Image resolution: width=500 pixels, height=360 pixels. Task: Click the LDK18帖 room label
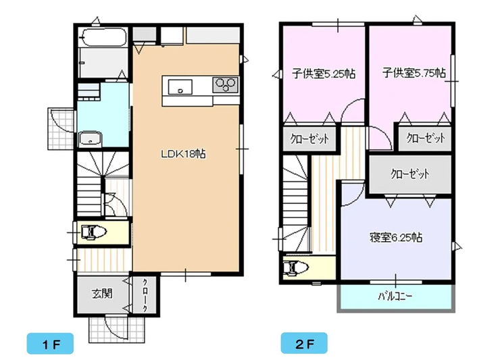click(x=183, y=154)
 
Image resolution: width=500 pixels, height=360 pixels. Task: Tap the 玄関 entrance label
click(x=102, y=294)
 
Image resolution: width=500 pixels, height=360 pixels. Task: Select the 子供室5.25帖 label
click(x=324, y=74)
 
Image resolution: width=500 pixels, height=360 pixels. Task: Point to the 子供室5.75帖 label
click(x=414, y=73)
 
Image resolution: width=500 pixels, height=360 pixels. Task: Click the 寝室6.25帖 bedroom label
click(x=396, y=238)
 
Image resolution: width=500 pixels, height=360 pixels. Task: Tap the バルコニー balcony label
click(x=395, y=297)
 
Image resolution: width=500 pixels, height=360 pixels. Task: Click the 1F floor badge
click(x=50, y=343)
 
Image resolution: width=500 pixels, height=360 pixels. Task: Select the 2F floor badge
click(x=304, y=343)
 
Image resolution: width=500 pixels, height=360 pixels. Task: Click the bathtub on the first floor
click(x=103, y=37)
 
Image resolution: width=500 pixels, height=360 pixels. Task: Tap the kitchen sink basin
click(x=180, y=87)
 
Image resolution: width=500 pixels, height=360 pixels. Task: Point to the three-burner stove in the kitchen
click(x=226, y=85)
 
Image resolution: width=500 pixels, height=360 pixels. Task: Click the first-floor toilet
click(x=93, y=232)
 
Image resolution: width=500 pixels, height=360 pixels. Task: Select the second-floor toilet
click(x=295, y=267)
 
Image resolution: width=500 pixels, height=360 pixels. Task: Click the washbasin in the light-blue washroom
click(x=90, y=138)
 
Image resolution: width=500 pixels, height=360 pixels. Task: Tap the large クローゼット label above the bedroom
click(x=409, y=174)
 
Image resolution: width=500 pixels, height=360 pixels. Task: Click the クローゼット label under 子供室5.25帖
click(x=309, y=139)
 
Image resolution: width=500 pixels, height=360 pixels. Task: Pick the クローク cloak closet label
click(x=145, y=295)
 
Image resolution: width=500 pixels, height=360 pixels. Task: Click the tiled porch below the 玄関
click(x=117, y=329)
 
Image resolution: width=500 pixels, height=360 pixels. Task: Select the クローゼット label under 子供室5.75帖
click(x=426, y=138)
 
